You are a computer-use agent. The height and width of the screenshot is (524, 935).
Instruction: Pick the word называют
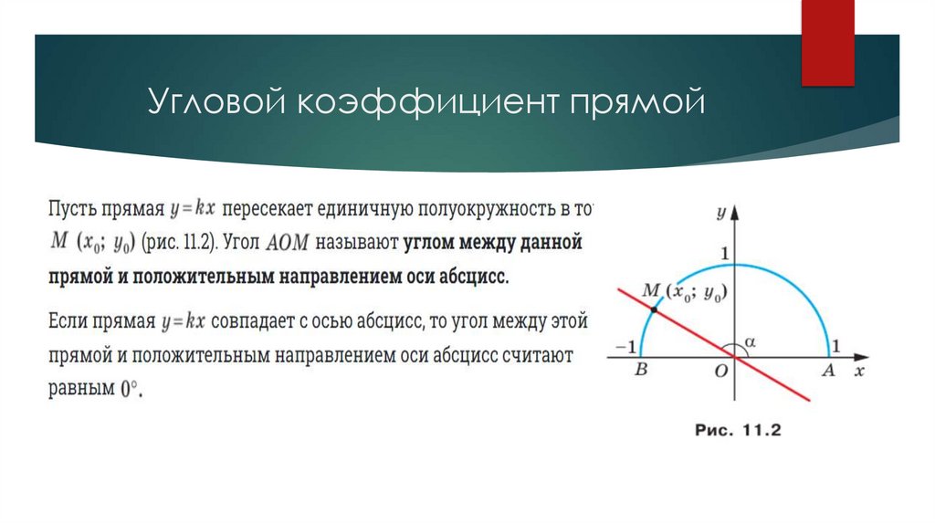coord(353,243)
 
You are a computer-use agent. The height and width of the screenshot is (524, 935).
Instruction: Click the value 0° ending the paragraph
coord(132,389)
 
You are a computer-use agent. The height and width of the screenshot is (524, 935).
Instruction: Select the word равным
coord(79,389)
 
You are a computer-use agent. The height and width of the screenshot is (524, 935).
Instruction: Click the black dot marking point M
coord(654,310)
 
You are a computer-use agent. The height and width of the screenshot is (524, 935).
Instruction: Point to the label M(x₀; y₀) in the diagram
coord(688,291)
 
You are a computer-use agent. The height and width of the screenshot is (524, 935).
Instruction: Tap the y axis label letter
coord(720,213)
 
